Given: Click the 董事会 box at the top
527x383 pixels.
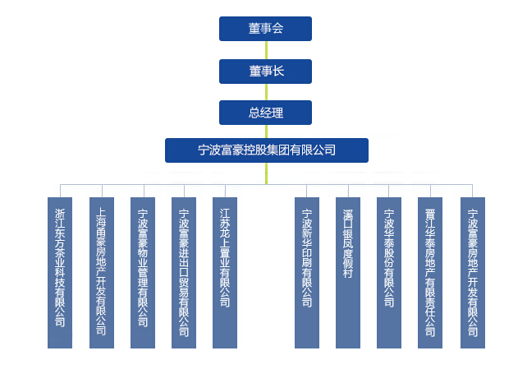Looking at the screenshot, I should [265, 29].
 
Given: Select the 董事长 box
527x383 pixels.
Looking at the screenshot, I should [265, 72].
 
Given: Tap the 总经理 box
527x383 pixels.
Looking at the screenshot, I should [265, 113].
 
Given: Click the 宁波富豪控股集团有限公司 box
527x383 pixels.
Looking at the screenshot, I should [267, 150].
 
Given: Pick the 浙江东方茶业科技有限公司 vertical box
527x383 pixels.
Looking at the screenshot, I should [60, 272].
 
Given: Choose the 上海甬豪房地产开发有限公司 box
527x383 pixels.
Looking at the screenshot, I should [101, 272].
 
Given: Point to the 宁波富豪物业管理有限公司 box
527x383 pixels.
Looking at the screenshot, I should [142, 272].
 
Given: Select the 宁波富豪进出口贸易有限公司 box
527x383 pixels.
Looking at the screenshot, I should [183, 272].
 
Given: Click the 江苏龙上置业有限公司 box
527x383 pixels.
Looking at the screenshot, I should [224, 272].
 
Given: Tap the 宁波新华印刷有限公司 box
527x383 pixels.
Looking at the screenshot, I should [307, 272].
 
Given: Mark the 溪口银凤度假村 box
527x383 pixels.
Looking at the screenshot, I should [348, 272].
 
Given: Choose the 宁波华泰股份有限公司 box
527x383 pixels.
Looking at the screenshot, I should [389, 272].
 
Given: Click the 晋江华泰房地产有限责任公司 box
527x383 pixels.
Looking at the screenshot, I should [430, 272].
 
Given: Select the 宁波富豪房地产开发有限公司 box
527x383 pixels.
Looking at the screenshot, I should [472, 272].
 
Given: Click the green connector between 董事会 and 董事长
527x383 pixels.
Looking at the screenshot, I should [266, 50].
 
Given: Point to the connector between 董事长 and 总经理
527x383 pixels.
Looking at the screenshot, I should [266, 92].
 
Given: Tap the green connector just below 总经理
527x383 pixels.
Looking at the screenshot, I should [266, 132].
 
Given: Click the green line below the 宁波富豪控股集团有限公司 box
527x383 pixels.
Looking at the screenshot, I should [266, 173].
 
